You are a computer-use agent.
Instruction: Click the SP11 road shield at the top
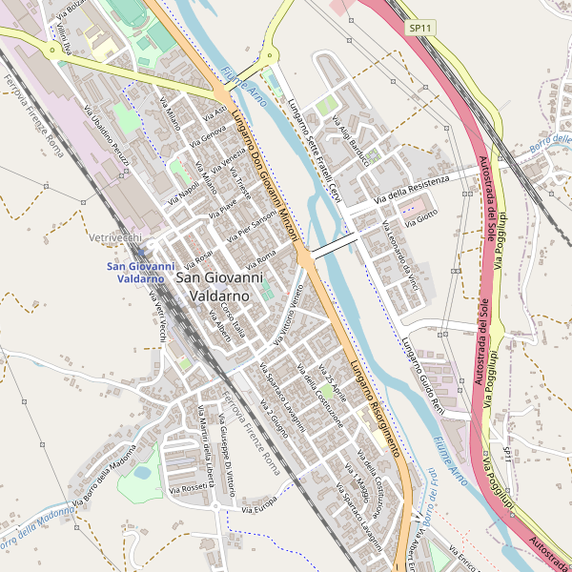tap(420, 29)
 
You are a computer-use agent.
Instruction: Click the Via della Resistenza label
tap(412, 189)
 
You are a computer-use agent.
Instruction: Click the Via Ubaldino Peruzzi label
tap(107, 142)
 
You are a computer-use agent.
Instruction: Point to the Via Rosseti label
tap(189, 486)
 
